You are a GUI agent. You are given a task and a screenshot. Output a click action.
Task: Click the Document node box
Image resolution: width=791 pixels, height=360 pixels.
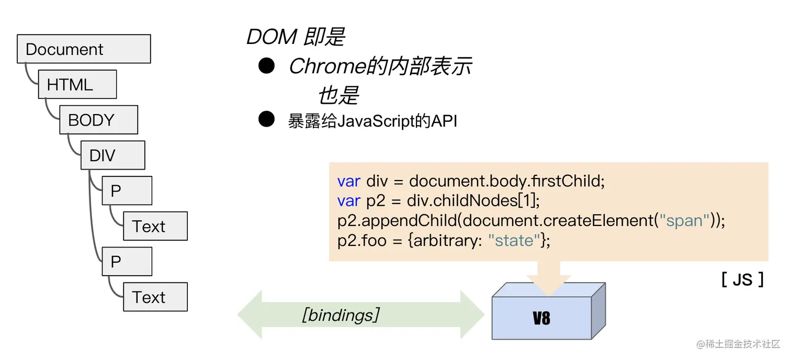pyautogui.click(x=84, y=49)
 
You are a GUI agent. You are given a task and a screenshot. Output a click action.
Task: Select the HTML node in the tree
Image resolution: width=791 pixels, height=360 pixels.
pyautogui.click(x=77, y=85)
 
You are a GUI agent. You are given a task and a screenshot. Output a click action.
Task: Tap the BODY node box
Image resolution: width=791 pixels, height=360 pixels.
pyautogui.click(x=98, y=120)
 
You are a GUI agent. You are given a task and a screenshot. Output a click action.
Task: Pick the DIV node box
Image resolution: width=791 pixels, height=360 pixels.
pyautogui.click(x=112, y=155)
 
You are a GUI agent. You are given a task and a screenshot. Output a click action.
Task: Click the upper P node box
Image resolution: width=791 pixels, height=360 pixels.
pyautogui.click(x=127, y=191)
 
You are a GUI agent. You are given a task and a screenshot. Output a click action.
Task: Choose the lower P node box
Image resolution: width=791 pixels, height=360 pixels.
pyautogui.click(x=127, y=262)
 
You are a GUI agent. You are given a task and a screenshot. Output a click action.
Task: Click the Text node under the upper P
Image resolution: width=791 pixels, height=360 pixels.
pyautogui.click(x=155, y=227)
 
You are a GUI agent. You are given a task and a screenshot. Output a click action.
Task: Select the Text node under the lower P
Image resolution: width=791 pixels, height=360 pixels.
pyautogui.click(x=155, y=297)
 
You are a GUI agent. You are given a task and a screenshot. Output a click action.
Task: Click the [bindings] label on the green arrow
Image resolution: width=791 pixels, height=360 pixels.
pyautogui.click(x=341, y=315)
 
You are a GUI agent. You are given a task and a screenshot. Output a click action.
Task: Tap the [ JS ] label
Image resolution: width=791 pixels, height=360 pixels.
pyautogui.click(x=742, y=279)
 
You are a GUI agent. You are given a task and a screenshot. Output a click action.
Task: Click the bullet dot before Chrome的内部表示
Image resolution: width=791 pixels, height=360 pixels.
pyautogui.click(x=267, y=66)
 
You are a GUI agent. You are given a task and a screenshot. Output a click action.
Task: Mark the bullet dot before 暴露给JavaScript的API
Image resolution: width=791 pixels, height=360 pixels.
pyautogui.click(x=267, y=120)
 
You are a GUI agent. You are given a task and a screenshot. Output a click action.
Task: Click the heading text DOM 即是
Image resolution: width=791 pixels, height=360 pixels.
pyautogui.click(x=296, y=37)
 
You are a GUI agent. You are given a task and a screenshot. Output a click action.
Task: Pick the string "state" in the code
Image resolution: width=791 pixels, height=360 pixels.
pyautogui.click(x=514, y=241)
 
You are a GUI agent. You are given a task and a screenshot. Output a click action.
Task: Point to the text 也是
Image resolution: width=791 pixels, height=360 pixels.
pyautogui.click(x=338, y=96)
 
